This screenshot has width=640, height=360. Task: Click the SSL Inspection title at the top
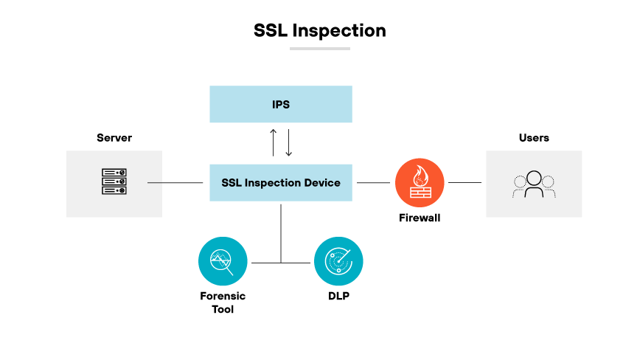[x=319, y=30]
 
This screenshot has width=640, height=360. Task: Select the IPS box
[x=281, y=104]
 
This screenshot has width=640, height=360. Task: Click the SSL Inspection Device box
[x=281, y=182]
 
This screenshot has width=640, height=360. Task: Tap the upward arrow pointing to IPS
[x=273, y=142]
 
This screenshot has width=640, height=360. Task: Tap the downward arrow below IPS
[x=288, y=142]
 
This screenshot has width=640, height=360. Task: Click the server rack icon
[x=114, y=182]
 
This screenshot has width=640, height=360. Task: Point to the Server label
[x=114, y=138]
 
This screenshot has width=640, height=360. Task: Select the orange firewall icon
[x=420, y=182]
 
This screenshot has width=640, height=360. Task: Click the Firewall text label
[x=420, y=218]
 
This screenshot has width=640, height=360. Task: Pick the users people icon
[x=534, y=184]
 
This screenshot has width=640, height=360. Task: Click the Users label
[x=534, y=138]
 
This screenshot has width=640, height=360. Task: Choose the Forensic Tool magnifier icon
[x=223, y=261]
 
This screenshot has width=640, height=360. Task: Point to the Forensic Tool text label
[x=223, y=302]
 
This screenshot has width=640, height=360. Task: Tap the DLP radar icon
[x=338, y=261]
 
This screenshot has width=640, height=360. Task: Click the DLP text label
[x=338, y=296]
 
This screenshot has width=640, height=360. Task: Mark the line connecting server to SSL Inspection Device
[x=175, y=182]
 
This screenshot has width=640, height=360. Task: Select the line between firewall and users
[x=465, y=182]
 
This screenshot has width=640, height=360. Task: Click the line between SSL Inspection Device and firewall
[x=374, y=182]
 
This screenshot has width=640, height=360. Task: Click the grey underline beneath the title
[x=319, y=49]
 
